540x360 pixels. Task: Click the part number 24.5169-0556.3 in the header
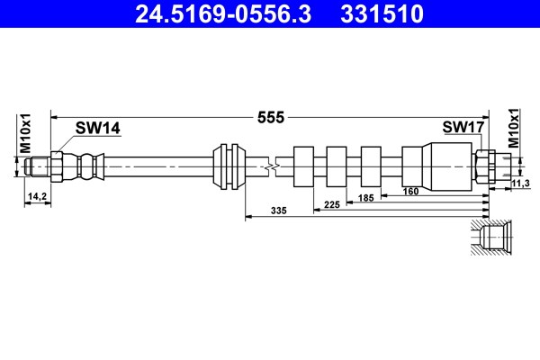223,13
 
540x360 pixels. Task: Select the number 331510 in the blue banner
382,13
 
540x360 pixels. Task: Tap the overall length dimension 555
271,118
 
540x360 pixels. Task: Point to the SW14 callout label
98,128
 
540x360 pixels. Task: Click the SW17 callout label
463,127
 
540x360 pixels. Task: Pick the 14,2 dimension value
37,196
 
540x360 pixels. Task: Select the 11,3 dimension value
520,184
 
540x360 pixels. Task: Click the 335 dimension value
279,210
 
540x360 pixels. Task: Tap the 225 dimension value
332,204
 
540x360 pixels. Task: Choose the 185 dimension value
365,198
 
